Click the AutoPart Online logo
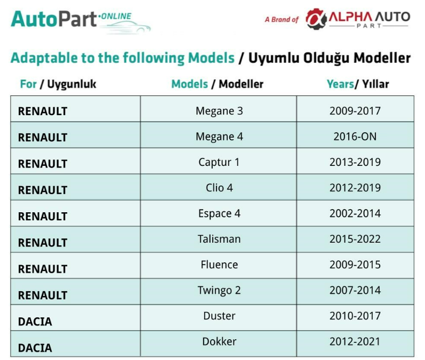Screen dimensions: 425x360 (81, 21)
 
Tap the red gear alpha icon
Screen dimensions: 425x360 (316, 19)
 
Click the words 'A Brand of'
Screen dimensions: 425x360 (282, 20)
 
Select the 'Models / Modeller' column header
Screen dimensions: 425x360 (218, 84)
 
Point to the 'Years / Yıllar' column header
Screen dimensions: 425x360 (358, 84)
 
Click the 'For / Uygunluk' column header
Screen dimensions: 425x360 (58, 84)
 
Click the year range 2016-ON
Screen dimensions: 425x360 (355, 137)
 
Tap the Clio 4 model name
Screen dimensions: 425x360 (219, 188)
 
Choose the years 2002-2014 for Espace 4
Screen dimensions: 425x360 (355, 213)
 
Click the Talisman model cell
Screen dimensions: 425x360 (219, 239)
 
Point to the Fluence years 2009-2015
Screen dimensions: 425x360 (355, 265)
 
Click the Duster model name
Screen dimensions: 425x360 (219, 316)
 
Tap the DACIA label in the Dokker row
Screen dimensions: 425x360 (35, 348)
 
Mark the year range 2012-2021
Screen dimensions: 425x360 (355, 341)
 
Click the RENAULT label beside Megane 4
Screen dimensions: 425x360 (43, 138)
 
